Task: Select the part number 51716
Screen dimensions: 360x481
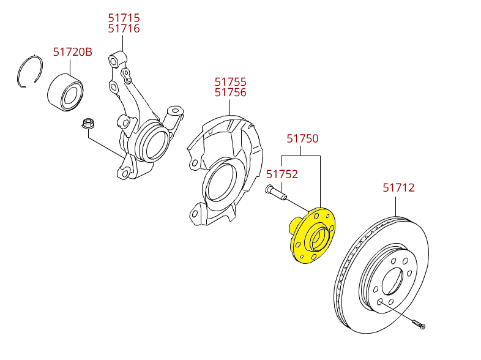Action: click(124, 29)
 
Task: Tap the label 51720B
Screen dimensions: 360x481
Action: click(72, 52)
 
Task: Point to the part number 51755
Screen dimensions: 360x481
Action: click(230, 81)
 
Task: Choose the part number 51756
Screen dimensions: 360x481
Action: click(230, 92)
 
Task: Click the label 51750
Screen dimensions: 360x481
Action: click(303, 139)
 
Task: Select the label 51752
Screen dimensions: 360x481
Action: click(282, 174)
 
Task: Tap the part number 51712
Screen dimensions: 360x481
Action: click(399, 188)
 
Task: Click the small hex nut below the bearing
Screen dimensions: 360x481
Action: click(88, 124)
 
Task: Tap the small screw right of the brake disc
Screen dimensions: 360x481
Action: click(419, 323)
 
